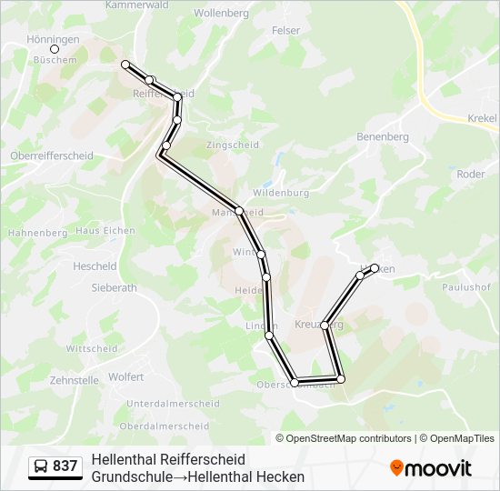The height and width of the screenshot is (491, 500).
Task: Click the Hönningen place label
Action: pyautogui.click(x=53, y=39)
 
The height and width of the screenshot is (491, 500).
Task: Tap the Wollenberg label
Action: pyautogui.click(x=221, y=14)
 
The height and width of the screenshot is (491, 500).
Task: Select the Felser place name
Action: pyautogui.click(x=285, y=31)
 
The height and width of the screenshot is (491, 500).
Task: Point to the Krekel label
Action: pyautogui.click(x=482, y=119)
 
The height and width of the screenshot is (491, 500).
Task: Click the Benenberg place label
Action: pyautogui.click(x=384, y=137)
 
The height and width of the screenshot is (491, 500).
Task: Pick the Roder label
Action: pyautogui.click(x=471, y=175)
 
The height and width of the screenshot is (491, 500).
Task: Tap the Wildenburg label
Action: pyautogui.click(x=281, y=193)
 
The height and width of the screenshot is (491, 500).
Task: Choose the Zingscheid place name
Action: pyautogui.click(x=232, y=145)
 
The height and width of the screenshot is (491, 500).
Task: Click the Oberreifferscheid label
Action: pyautogui.click(x=52, y=155)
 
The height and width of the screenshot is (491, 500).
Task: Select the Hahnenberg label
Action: pyautogui.click(x=37, y=233)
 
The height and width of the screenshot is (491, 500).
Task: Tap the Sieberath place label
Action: pyautogui.click(x=114, y=287)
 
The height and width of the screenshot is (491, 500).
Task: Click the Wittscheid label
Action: pyautogui.click(x=92, y=348)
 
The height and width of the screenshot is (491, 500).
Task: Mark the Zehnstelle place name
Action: pyautogui.click(x=74, y=381)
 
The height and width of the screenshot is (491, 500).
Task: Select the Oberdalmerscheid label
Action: pyautogui.click(x=165, y=426)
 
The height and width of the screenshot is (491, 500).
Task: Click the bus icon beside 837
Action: pyautogui.click(x=41, y=466)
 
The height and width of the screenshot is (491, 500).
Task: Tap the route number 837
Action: pyautogui.click(x=65, y=466)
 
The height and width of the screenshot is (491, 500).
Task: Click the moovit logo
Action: pyautogui.click(x=431, y=467)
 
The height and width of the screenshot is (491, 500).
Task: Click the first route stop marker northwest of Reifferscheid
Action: pyautogui.click(x=125, y=65)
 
